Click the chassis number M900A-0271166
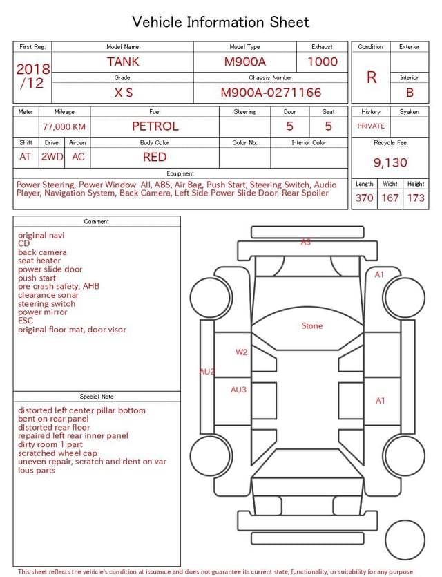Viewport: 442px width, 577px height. tap(271, 93)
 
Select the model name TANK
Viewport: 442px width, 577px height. tap(123, 62)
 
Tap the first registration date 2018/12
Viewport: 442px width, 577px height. tap(32, 76)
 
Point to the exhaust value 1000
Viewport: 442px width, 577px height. tap(323, 62)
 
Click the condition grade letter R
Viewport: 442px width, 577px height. tap(372, 77)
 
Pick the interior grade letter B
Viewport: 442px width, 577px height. tap(410, 93)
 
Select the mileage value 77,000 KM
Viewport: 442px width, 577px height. tap(64, 126)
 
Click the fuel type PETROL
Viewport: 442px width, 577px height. tap(155, 126)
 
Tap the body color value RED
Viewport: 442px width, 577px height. tap(155, 157)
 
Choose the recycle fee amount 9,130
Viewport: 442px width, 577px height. tap(390, 162)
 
